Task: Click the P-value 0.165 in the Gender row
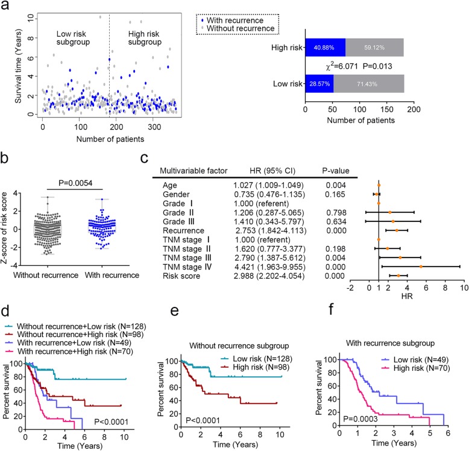(326, 195)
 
